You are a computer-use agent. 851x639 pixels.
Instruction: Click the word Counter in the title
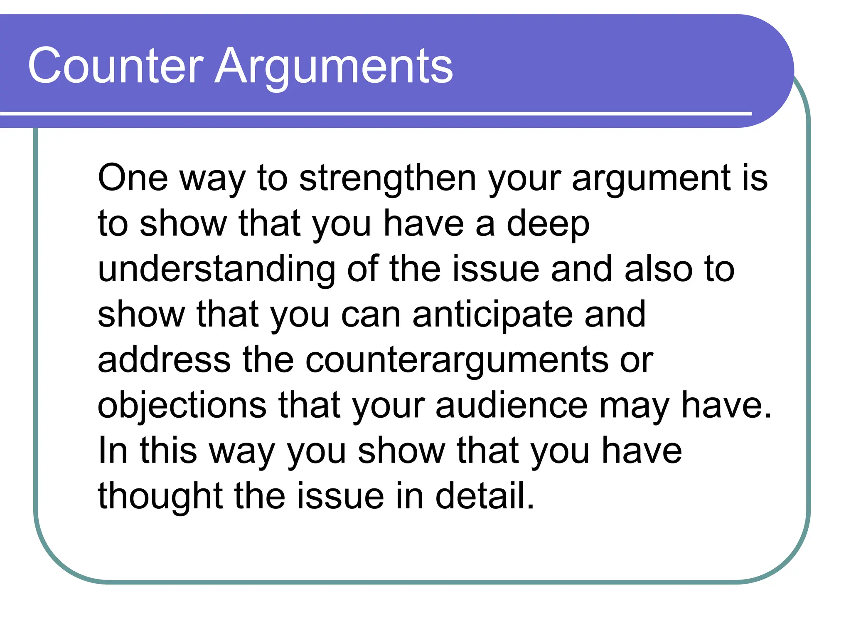(116, 66)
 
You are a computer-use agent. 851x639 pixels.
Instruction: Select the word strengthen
(388, 178)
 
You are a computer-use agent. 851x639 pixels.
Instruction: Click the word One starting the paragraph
(133, 178)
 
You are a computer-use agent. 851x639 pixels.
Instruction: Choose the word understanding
(216, 269)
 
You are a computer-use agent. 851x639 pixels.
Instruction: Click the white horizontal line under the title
(374, 113)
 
